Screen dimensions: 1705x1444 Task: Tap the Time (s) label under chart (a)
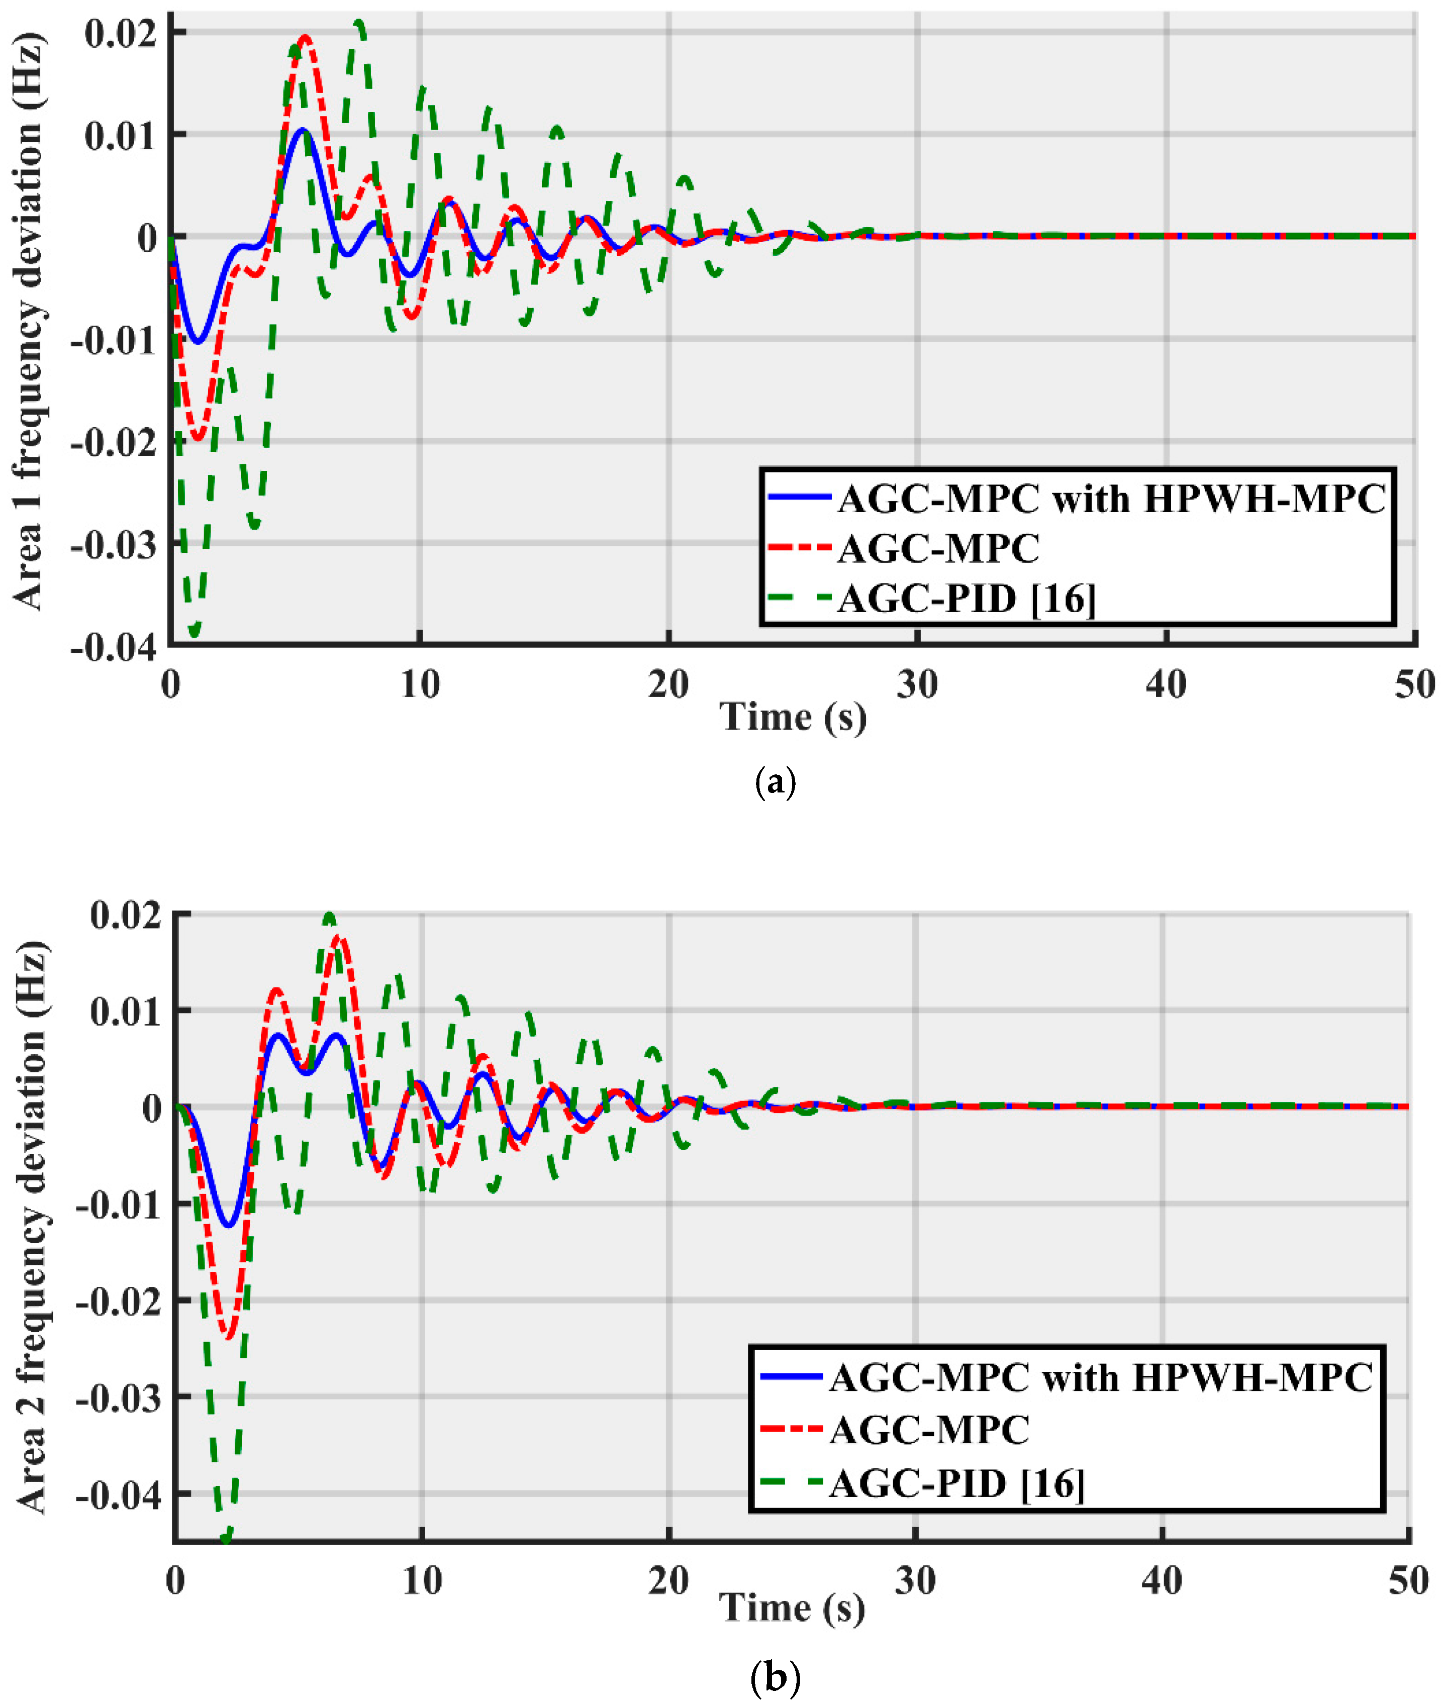coord(793,717)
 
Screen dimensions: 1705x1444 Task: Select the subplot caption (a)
coord(774,782)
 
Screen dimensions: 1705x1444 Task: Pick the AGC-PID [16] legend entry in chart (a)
coord(966,598)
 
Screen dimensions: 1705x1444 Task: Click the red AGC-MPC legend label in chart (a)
coord(938,548)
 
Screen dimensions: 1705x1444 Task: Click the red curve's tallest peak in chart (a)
coord(305,37)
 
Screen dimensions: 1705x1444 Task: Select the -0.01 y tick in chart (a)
coord(113,340)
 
